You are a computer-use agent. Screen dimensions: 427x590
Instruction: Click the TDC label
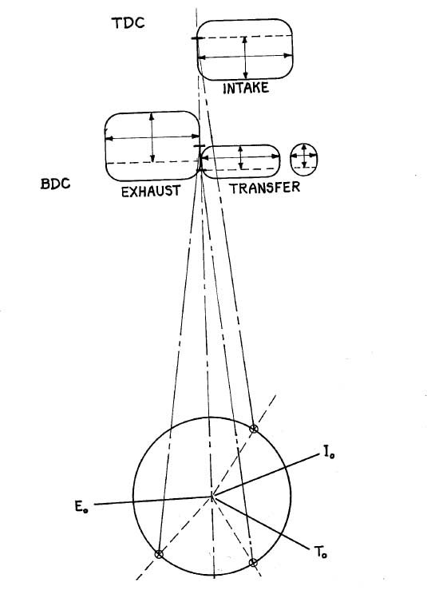coord(128,22)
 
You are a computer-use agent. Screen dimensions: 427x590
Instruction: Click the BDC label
coord(56,184)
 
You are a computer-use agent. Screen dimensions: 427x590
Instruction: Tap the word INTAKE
coord(246,88)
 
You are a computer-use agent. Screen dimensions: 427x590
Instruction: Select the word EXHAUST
coord(151,191)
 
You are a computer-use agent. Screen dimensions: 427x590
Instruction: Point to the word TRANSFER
coord(265,188)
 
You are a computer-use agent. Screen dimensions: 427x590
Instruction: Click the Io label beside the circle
coord(329,452)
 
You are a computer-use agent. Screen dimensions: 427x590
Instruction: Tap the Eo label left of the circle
coord(81,507)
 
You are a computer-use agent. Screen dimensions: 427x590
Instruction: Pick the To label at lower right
coord(320,552)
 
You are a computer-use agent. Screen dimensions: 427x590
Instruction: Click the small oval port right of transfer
coord(304,160)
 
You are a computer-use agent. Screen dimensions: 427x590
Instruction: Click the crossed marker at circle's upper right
coord(255,428)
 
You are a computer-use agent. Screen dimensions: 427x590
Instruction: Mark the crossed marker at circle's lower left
coord(159,554)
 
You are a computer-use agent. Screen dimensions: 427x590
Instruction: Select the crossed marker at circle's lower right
coord(253,563)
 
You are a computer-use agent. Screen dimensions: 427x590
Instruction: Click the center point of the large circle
coord(212,497)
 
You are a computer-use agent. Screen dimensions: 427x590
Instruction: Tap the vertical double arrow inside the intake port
coord(245,57)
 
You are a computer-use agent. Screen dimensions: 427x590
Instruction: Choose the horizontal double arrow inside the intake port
coord(245,57)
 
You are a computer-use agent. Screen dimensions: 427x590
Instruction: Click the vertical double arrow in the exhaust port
coord(152,137)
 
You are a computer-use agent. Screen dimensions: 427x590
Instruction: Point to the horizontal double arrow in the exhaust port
coord(152,137)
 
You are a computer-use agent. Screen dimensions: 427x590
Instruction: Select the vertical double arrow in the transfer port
coord(241,157)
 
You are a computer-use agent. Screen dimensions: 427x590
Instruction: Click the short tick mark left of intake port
coord(197,38)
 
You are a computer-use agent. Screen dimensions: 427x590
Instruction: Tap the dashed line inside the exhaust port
coord(152,163)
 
